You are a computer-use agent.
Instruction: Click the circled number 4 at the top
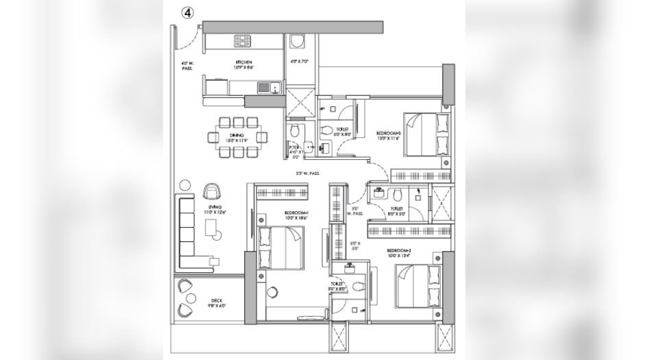187,12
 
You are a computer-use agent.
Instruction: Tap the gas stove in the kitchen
243,42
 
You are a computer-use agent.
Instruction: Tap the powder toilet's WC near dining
293,130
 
